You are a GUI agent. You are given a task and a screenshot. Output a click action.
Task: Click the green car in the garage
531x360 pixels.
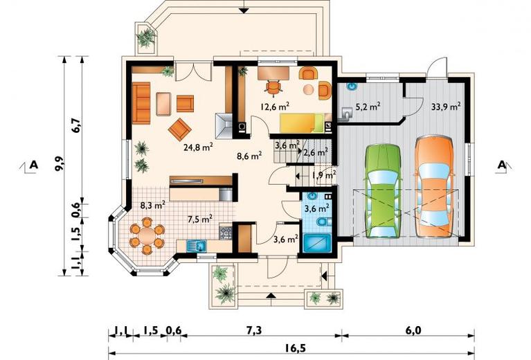pyautogui.click(x=382, y=191)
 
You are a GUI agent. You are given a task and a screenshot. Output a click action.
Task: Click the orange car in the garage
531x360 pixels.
pyautogui.click(x=434, y=186)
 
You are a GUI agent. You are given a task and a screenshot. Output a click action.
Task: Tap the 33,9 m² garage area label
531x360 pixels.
pyautogui.click(x=446, y=107)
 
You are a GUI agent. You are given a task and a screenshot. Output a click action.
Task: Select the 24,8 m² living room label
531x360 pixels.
pyautogui.click(x=198, y=147)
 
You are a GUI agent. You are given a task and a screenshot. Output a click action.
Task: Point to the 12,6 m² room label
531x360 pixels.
pyautogui.click(x=275, y=107)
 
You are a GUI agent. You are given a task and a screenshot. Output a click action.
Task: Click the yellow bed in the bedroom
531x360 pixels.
pyautogui.click(x=301, y=123)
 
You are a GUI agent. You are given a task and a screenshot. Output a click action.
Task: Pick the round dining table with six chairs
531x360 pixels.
pyautogui.click(x=147, y=235)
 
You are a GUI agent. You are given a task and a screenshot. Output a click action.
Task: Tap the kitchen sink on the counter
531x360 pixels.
pyautogui.click(x=197, y=245)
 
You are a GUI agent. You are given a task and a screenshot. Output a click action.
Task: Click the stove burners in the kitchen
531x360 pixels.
pyautogui.click(x=226, y=233)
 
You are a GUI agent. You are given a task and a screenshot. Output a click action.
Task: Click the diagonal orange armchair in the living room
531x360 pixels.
pyautogui.click(x=179, y=129)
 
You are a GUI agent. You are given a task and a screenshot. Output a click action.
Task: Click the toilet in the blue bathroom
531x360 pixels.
pyautogui.click(x=324, y=222)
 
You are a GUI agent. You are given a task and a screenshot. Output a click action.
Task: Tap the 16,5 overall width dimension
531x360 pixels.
pyautogui.click(x=291, y=349)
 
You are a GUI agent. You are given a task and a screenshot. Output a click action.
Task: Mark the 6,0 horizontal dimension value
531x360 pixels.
pyautogui.click(x=413, y=330)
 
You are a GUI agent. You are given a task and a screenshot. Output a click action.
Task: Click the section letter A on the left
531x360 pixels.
pyautogui.click(x=33, y=165)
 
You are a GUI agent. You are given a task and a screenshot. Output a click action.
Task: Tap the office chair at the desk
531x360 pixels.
pyautogui.click(x=273, y=87)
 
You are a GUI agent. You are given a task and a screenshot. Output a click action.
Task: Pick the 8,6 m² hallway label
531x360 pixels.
pyautogui.click(x=249, y=156)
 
